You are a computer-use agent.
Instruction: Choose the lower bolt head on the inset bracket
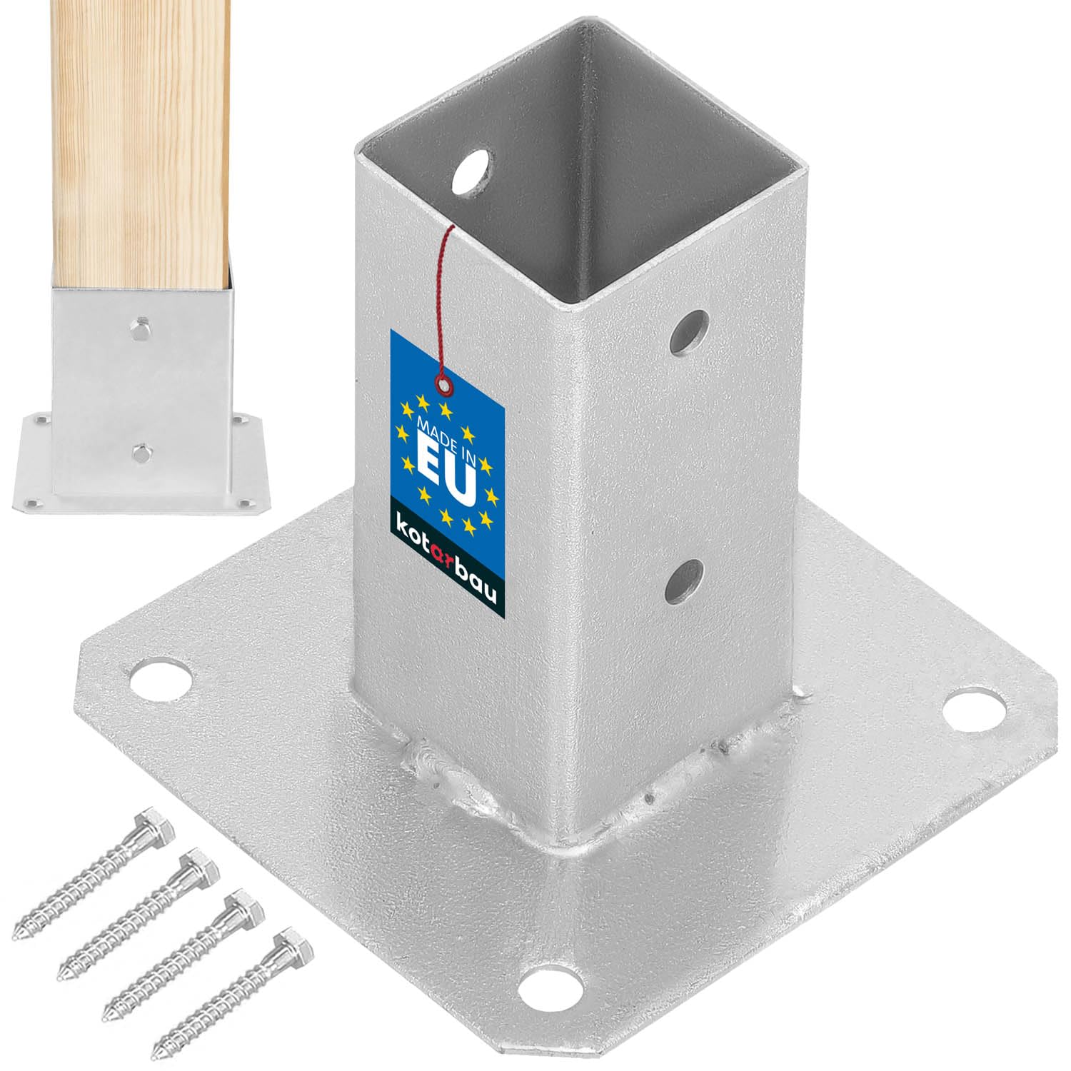[140, 451]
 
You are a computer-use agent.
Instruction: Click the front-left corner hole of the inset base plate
[30, 503]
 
